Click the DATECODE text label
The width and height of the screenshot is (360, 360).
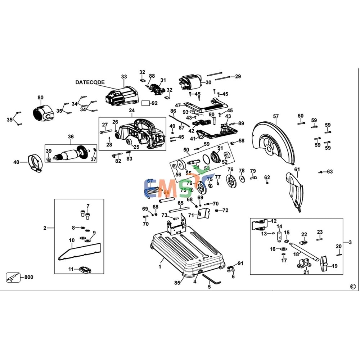tap(90, 82)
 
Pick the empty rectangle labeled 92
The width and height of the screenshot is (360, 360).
tap(145, 103)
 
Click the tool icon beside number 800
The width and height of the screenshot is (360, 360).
tap(12, 278)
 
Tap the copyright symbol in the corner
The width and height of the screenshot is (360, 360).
tap(352, 287)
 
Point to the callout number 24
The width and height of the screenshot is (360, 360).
tap(132, 111)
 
